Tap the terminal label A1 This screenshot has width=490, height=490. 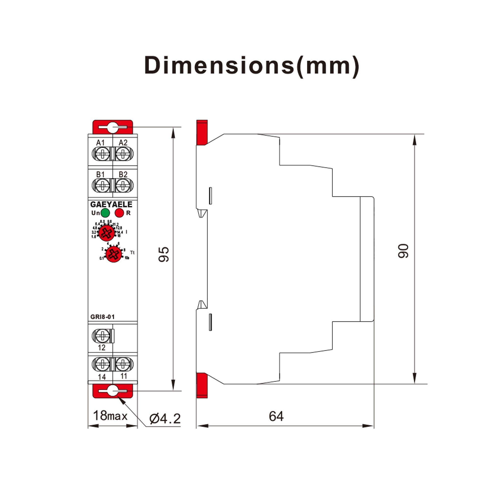[100, 143]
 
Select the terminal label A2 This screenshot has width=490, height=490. [123, 143]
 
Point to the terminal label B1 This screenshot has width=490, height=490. [100, 174]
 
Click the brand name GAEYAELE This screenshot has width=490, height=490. [111, 204]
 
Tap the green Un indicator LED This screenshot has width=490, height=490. [105, 213]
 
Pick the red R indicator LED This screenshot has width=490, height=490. [119, 213]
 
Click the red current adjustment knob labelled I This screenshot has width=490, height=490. [106, 233]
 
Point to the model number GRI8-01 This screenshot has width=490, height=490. [102, 317]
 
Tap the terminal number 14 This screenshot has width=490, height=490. [102, 377]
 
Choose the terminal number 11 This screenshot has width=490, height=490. [123, 376]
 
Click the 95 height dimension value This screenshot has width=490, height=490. [164, 254]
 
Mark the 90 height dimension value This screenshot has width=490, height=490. [403, 251]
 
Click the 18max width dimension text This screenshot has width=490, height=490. [110, 416]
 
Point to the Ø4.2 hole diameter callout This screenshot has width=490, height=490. [165, 418]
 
